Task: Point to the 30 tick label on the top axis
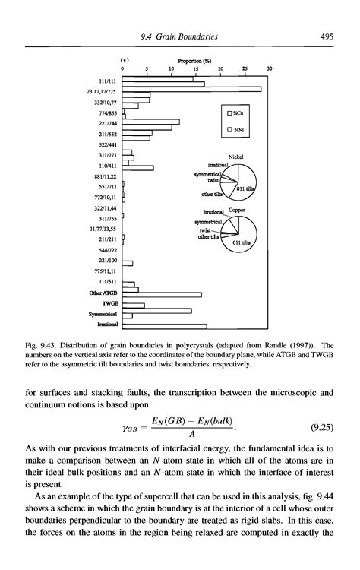pyautogui.click(x=270, y=68)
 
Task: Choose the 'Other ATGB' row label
pyautogui.click(x=102, y=293)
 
